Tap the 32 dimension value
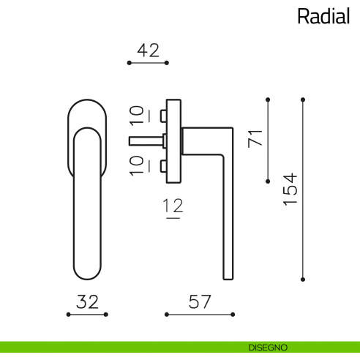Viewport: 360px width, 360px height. click(87, 300)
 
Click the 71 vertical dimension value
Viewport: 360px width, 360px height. click(255, 138)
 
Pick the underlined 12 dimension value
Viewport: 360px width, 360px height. click(173, 208)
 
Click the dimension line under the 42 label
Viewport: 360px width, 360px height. click(148, 64)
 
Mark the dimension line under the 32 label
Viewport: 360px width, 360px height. click(87, 315)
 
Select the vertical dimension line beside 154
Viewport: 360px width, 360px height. click(302, 188)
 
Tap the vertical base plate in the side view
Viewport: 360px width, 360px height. click(173, 140)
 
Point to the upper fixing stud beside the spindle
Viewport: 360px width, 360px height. click(162, 115)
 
